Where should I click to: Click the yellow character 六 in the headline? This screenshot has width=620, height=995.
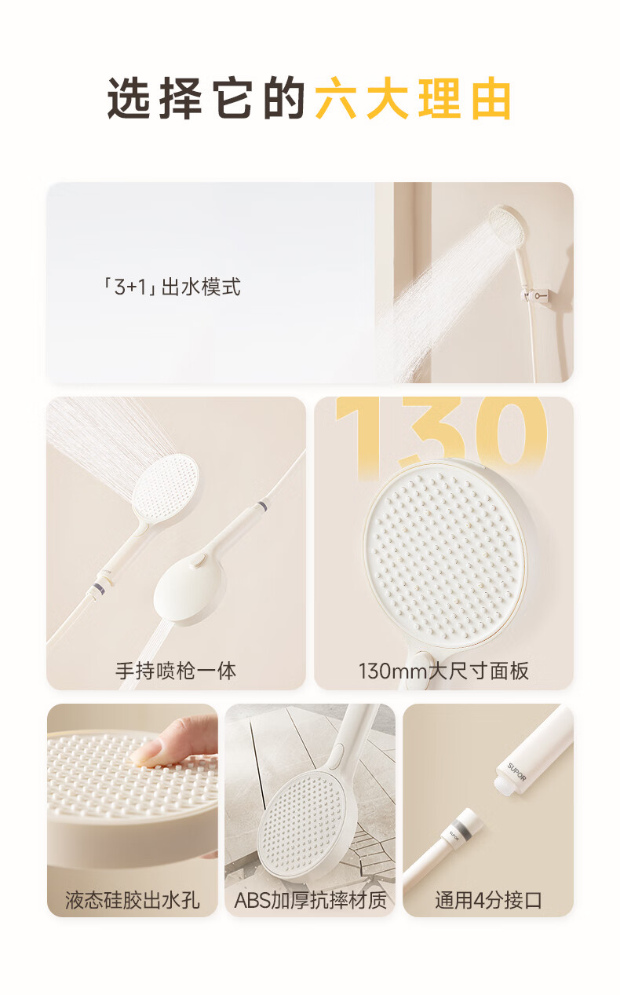(336, 98)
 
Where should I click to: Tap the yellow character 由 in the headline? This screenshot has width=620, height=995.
(491, 98)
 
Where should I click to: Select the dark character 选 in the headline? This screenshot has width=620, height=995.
(128, 98)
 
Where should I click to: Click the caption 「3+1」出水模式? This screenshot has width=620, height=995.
(171, 287)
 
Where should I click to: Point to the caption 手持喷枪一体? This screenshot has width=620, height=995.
(176, 671)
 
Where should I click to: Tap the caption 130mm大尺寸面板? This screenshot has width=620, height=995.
(443, 671)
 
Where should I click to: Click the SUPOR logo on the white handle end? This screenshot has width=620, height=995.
(516, 772)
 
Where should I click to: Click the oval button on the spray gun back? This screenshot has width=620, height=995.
(196, 562)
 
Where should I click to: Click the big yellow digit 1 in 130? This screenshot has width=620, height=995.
(355, 437)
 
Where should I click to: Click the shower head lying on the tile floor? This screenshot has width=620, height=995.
(302, 823)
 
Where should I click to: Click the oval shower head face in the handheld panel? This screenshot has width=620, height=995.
(165, 482)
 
